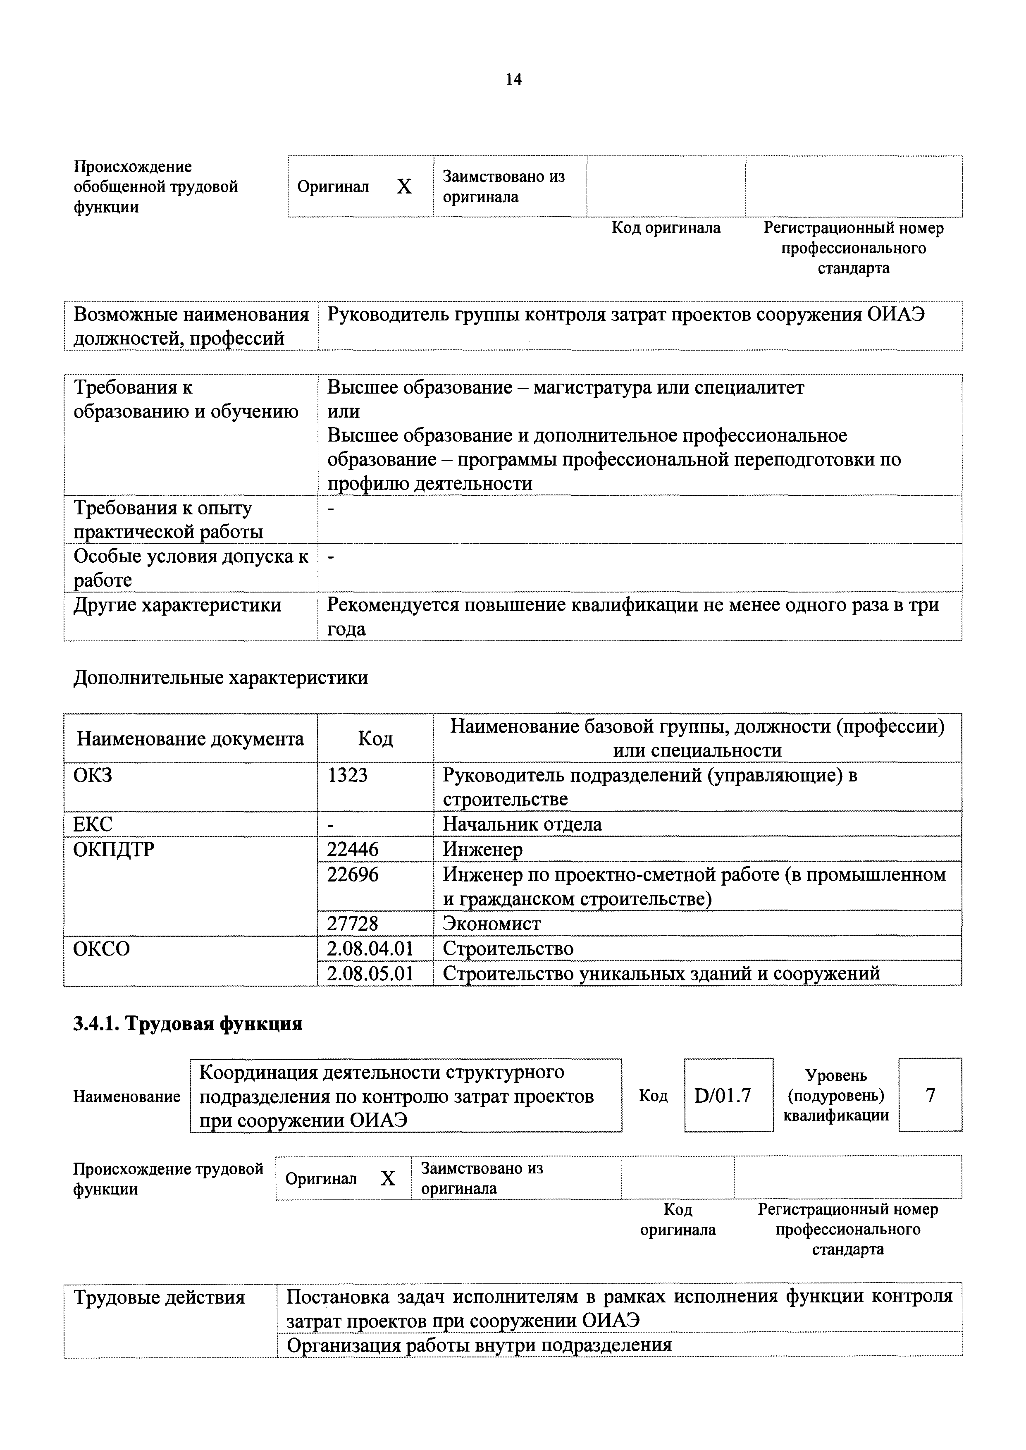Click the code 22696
pos(353,874)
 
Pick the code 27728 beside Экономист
pos(353,924)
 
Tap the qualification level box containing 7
pos(930,1095)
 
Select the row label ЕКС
pos(93,824)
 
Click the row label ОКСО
pos(102,949)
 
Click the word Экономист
pos(492,924)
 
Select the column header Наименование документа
pos(190,738)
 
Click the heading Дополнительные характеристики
pos(220,678)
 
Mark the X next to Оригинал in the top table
pos(404,186)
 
